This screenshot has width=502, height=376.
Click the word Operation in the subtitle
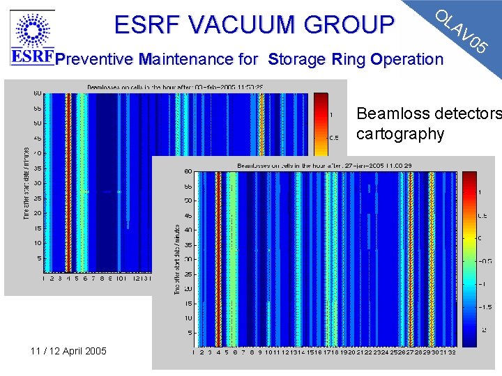pos(408,59)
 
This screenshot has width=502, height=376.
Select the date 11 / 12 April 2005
pos(68,350)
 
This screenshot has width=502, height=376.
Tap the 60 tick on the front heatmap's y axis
pos(187,171)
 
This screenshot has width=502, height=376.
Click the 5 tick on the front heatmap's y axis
pos(188,333)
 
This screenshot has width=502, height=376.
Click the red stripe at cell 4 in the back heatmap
pos(68,181)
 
